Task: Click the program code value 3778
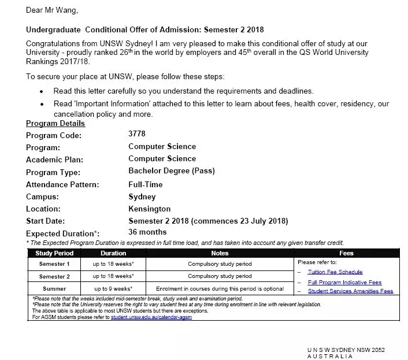click(x=137, y=133)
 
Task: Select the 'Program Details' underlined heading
click(x=55, y=123)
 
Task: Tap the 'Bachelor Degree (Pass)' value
click(x=171, y=171)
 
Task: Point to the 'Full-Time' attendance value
click(x=146, y=184)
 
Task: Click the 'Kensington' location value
click(x=150, y=209)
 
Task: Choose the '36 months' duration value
click(x=147, y=232)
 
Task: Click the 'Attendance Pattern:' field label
click(x=62, y=185)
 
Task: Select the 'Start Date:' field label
click(x=46, y=221)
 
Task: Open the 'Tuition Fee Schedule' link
click(x=335, y=272)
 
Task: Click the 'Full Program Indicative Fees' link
click(x=344, y=282)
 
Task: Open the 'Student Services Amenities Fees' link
click(x=350, y=291)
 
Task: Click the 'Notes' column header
click(x=220, y=253)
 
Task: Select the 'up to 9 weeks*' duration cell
click(x=113, y=288)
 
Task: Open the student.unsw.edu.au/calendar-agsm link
click(x=151, y=317)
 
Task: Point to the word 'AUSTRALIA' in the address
click(x=329, y=357)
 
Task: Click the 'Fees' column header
click(x=347, y=253)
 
